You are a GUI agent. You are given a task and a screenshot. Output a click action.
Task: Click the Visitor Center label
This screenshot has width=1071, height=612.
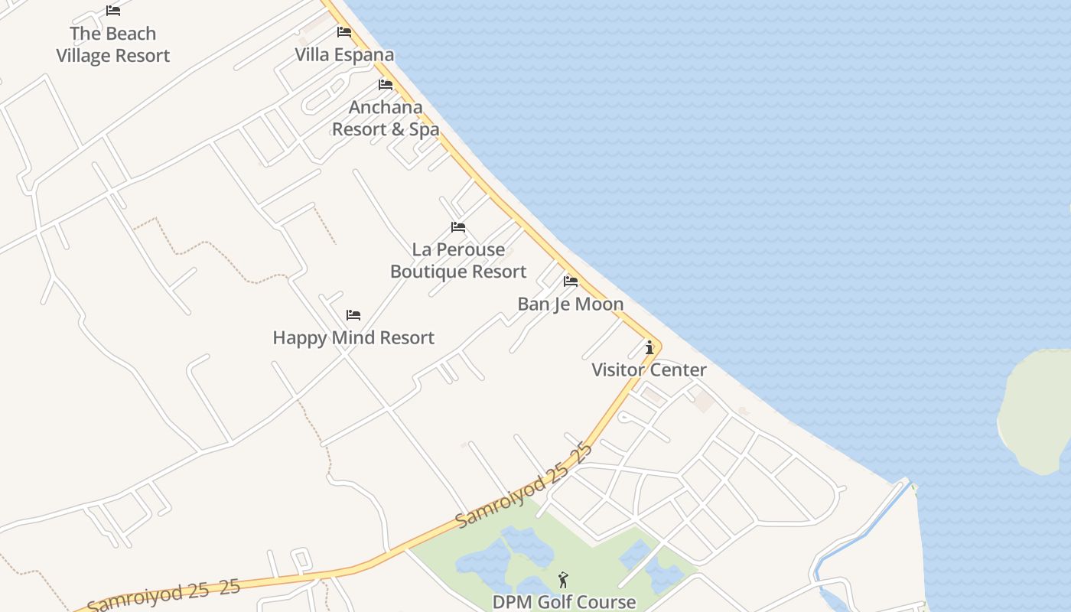click(649, 370)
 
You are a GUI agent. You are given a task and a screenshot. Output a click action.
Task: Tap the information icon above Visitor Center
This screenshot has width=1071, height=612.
click(649, 348)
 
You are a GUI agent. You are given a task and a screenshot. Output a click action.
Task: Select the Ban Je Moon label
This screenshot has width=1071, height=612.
click(571, 304)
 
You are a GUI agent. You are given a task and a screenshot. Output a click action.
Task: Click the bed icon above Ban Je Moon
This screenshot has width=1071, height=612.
click(571, 281)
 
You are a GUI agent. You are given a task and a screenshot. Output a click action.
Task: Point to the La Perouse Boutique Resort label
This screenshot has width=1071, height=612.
click(458, 260)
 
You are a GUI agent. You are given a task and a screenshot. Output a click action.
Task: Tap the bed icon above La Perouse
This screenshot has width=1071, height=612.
click(458, 227)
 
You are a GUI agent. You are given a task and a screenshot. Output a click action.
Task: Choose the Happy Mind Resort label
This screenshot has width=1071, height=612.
click(353, 337)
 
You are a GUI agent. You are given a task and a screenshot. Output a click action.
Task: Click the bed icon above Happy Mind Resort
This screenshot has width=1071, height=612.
click(353, 314)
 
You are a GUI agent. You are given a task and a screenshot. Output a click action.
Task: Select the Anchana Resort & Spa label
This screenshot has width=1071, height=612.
click(386, 118)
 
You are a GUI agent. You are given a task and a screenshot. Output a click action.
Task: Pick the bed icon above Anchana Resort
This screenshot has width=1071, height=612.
click(386, 84)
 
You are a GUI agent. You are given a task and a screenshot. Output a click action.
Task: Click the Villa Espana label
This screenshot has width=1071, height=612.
click(345, 54)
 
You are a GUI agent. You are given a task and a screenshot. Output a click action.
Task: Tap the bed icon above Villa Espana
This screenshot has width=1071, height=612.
click(344, 32)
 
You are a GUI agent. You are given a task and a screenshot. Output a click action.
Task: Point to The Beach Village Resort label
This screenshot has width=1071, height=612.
click(113, 44)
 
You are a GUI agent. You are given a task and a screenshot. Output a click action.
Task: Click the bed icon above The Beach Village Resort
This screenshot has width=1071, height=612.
click(113, 11)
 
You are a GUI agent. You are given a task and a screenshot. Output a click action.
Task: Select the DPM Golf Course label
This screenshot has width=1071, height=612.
click(564, 602)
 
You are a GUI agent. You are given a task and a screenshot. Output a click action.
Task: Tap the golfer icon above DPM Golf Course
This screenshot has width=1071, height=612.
click(564, 580)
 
